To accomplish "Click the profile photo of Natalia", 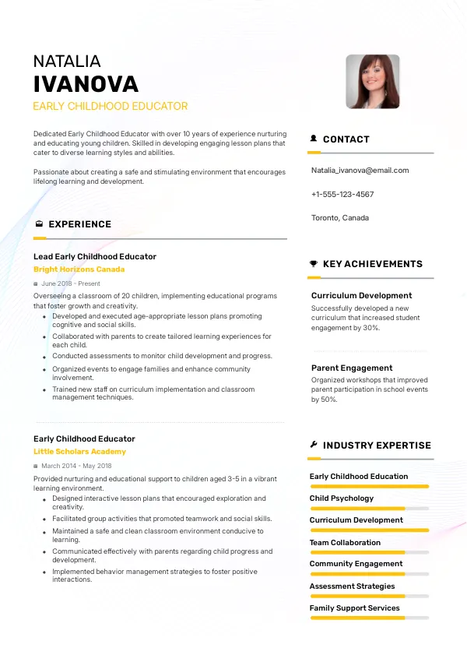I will (372, 81).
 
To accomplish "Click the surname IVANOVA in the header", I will (86, 84).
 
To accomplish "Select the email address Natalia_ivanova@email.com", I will (360, 171).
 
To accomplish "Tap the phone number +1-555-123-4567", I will (342, 194).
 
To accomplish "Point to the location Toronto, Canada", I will (340, 218).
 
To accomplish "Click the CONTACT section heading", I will (346, 139).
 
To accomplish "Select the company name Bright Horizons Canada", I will (79, 269).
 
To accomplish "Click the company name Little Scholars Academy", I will (79, 452).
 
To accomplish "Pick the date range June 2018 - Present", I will (71, 284).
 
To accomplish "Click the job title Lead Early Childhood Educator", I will (95, 256).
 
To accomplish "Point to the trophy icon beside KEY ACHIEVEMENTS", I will (314, 264).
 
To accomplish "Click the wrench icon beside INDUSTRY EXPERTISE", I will (314, 445).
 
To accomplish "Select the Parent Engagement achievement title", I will (352, 368).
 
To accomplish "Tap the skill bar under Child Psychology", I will (370, 509).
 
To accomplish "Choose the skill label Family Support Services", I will (354, 608).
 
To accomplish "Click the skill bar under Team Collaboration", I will (370, 552).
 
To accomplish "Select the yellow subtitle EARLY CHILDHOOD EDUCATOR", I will (110, 106).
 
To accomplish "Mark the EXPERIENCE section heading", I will (79, 224).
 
